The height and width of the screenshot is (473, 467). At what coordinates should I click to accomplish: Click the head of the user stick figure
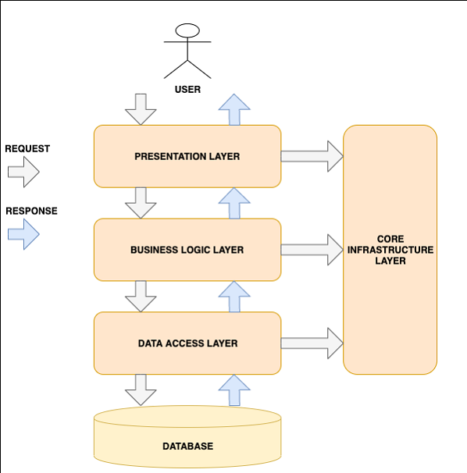(x=187, y=31)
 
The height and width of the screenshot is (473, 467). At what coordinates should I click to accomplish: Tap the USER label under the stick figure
(x=187, y=90)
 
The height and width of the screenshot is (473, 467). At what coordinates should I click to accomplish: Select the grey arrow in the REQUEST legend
(x=23, y=172)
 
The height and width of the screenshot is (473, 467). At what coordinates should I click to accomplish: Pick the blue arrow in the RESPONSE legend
(x=23, y=234)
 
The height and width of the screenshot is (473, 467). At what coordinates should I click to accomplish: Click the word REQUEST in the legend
(x=27, y=148)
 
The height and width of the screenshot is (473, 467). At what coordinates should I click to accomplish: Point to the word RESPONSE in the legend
(x=31, y=211)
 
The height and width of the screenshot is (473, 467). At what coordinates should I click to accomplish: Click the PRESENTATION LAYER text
(x=187, y=156)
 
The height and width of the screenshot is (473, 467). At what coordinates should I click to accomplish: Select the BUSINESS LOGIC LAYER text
(x=187, y=250)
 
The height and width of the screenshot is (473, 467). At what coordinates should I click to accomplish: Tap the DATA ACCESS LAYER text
(x=187, y=343)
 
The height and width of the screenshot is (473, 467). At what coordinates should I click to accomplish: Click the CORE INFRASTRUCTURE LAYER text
(x=390, y=250)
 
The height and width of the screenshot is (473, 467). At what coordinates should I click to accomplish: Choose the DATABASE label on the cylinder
(x=187, y=446)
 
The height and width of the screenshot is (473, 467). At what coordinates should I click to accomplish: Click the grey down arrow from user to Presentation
(x=141, y=109)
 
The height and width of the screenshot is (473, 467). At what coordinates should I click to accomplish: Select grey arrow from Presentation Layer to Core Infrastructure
(x=312, y=156)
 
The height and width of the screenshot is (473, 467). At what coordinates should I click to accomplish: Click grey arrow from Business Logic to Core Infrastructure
(x=312, y=250)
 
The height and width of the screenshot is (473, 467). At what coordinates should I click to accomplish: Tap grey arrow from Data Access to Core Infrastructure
(x=312, y=343)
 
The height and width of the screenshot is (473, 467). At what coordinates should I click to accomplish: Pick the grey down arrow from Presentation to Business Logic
(x=141, y=203)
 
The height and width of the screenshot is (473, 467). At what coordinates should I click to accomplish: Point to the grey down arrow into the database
(x=141, y=389)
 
